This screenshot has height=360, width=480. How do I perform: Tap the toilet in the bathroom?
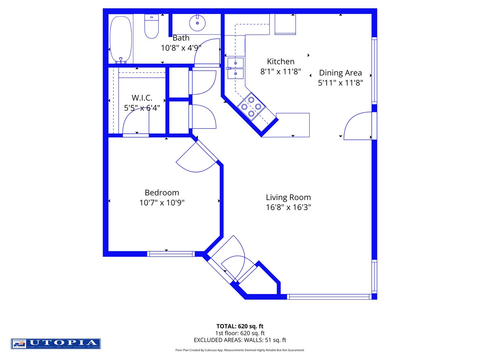click(x=152, y=27)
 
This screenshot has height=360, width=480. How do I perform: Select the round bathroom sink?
click(x=197, y=23)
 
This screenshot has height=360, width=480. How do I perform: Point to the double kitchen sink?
click(x=236, y=68)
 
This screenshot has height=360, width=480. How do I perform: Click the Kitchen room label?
click(x=281, y=62)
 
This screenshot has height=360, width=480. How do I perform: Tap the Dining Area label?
click(x=340, y=73)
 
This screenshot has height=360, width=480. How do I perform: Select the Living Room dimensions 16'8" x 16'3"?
click(x=288, y=207)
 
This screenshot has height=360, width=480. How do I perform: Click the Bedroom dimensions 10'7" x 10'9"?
click(x=162, y=203)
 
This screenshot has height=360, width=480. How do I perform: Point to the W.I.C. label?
click(x=142, y=98)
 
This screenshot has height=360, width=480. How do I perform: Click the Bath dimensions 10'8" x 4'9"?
click(x=181, y=48)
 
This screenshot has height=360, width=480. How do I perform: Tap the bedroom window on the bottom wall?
click(x=171, y=254)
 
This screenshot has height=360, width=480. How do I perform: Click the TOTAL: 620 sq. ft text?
click(x=240, y=326)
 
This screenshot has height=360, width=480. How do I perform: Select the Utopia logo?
click(x=56, y=344)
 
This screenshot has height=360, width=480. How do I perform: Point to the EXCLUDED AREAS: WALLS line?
click(x=240, y=340)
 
